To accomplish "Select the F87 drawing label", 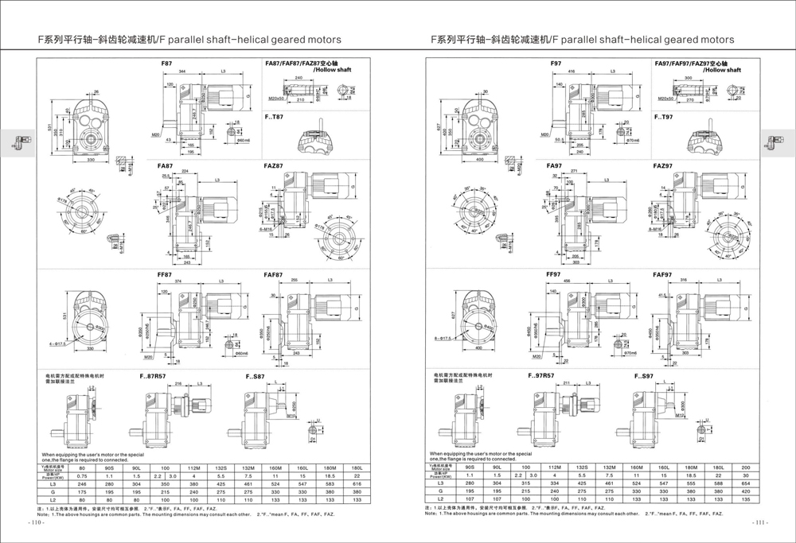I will pyautogui.click(x=166, y=62).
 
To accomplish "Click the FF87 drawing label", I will pyautogui.click(x=165, y=275).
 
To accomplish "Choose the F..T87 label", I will pyautogui.click(x=274, y=117).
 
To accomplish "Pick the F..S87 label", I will pyautogui.click(x=256, y=375).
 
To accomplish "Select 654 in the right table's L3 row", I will pyautogui.click(x=745, y=483).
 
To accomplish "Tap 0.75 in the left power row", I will pyautogui.click(x=82, y=475).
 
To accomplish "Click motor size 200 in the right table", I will pyautogui.click(x=745, y=467).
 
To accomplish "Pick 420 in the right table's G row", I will pyautogui.click(x=745, y=491).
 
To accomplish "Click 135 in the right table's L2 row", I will pyautogui.click(x=745, y=499).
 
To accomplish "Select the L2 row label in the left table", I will pyautogui.click(x=53, y=499).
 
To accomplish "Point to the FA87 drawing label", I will pyautogui.click(x=165, y=166).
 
